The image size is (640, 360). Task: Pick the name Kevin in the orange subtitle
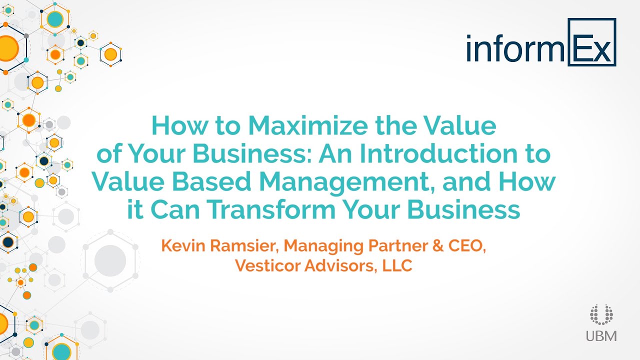tap(180, 246)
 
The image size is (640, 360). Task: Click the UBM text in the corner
tap(601, 335)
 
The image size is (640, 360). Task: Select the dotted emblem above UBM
tap(600, 314)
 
